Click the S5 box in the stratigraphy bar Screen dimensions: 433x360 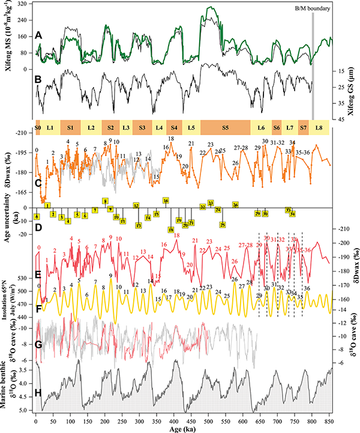(x=225, y=127)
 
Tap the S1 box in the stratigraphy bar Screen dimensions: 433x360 (x=70, y=127)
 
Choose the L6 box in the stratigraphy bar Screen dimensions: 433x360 (x=261, y=127)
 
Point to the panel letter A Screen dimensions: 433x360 (x=39, y=35)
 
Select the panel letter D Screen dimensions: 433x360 (x=39, y=228)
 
